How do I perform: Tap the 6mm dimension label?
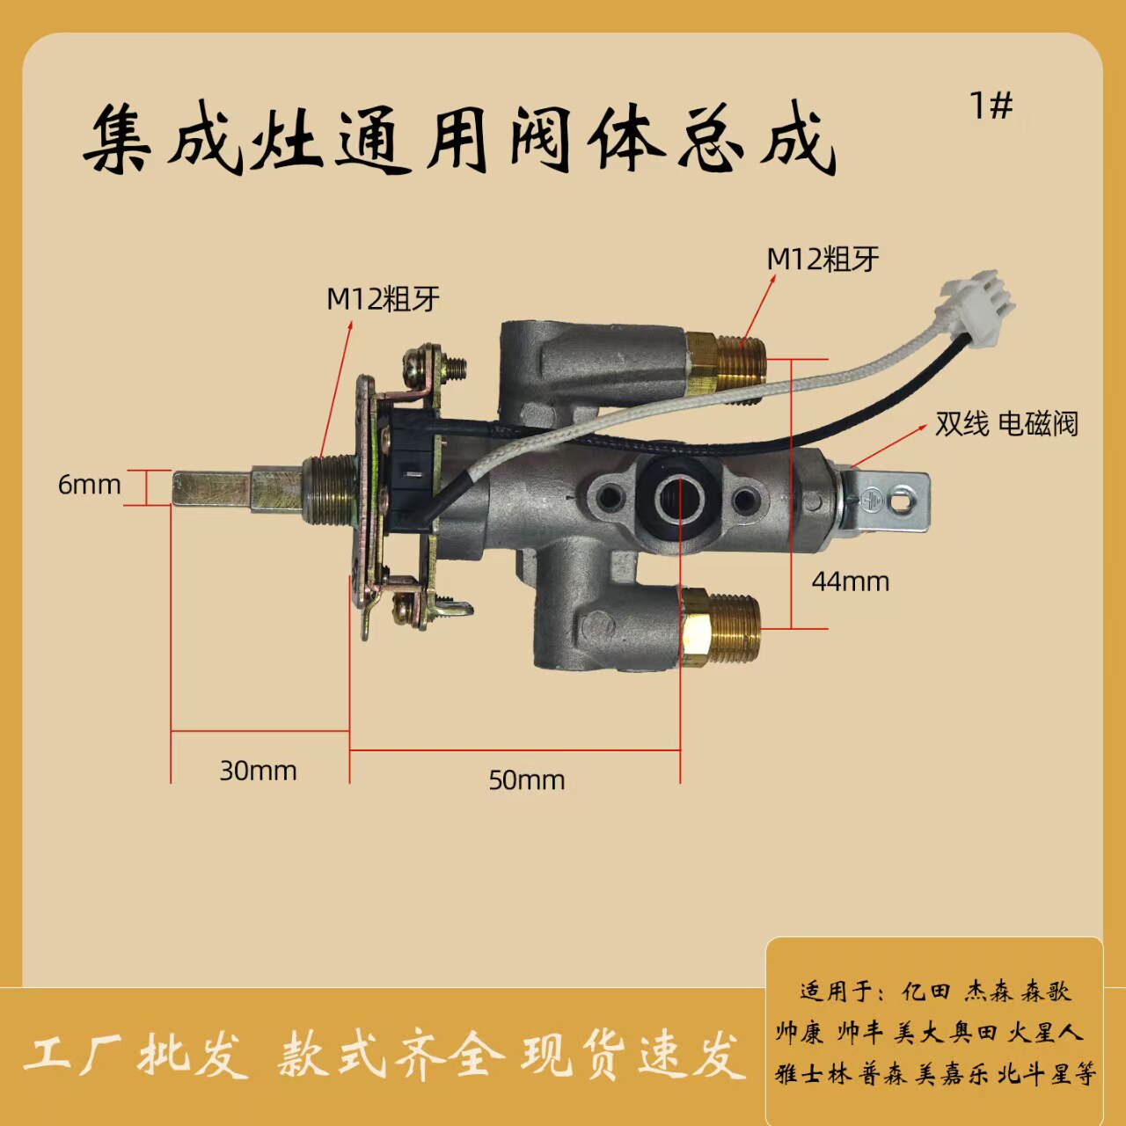point(89,485)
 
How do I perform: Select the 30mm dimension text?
point(258,771)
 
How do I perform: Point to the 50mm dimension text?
point(526,780)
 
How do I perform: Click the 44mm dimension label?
point(850,581)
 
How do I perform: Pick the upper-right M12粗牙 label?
point(823,260)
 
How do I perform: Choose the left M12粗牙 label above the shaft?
point(383,299)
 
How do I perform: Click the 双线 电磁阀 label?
point(1005,424)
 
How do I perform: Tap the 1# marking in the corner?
point(991,106)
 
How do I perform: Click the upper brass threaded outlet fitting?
point(726,361)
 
